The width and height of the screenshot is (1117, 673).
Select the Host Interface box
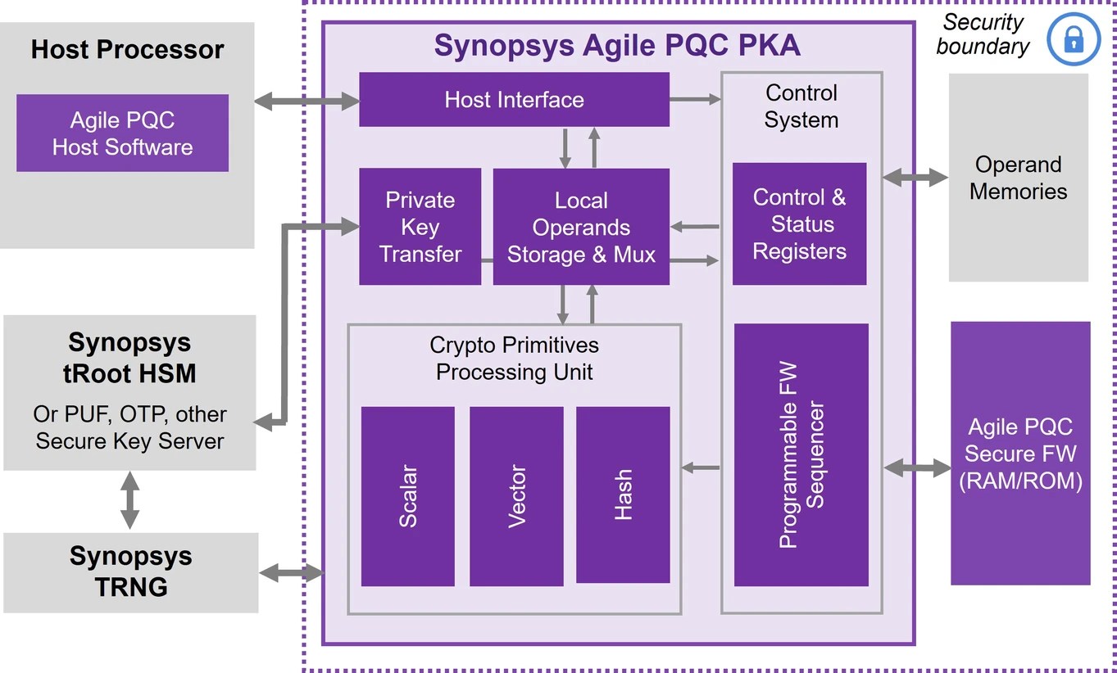(514, 100)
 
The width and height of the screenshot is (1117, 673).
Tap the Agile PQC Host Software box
(122, 133)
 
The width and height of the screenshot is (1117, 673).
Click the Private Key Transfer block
(420, 227)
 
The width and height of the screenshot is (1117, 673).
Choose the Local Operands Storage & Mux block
(581, 227)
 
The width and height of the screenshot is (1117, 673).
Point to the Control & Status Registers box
(799, 224)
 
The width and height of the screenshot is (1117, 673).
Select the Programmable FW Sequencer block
(801, 454)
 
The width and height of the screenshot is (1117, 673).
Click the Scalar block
(407, 496)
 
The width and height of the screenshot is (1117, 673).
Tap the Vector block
(516, 496)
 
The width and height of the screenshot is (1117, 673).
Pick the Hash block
(623, 495)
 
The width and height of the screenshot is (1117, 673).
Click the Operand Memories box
(1018, 178)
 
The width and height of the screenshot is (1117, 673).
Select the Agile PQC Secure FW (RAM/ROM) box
(1020, 454)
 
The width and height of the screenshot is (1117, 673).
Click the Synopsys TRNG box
(130, 572)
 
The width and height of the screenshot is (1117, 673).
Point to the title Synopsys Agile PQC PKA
(617, 45)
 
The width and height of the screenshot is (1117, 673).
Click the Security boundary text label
(982, 34)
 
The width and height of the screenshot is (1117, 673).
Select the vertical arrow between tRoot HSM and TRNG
(129, 500)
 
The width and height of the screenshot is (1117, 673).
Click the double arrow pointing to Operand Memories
(915, 177)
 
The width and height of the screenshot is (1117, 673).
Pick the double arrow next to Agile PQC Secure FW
(917, 467)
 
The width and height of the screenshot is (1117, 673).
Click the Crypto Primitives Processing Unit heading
(514, 358)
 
